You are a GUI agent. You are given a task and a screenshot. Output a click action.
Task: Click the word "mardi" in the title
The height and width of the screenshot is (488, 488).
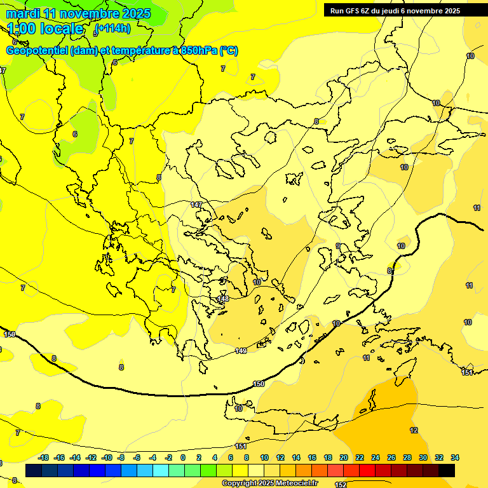pos(23,13)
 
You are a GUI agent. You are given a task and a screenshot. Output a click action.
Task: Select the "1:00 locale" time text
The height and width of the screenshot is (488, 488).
pos(45,29)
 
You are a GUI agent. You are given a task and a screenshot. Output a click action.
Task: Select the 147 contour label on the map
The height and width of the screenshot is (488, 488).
pos(196,205)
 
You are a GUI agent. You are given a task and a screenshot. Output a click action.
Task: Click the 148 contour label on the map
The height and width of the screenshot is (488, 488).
pos(223,299)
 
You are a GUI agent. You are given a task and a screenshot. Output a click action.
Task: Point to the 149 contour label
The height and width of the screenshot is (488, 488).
pos(241,351)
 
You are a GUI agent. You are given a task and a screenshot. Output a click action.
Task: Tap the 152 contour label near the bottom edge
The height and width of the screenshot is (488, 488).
pos(341,485)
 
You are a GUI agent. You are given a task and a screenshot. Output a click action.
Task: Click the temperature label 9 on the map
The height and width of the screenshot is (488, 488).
pos(338,247)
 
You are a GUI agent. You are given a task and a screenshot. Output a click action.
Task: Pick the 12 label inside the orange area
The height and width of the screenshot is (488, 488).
pos(414,430)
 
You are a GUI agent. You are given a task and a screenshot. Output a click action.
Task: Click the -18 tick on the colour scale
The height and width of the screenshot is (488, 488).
pos(44,457)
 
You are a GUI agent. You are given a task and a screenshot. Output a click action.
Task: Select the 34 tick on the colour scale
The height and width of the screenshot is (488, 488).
pos(455,457)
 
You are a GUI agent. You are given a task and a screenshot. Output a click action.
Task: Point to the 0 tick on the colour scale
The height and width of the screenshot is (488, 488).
pos(183,457)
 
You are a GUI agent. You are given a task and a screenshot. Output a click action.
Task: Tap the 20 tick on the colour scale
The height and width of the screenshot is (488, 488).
pos(344,457)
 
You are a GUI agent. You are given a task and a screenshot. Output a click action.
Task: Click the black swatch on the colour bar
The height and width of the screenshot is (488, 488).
pos(447,470)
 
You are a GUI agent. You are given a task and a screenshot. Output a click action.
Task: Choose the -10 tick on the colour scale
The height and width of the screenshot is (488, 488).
pos(107,457)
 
